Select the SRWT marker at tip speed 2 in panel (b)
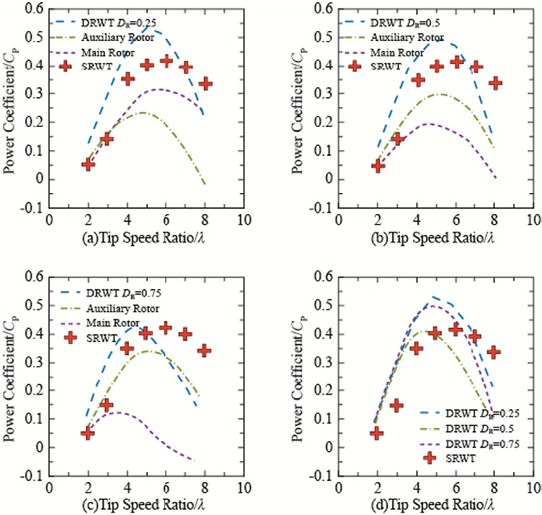tap(378, 166)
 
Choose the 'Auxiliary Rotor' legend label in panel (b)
tap(399, 39)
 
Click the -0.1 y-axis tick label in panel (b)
tap(321, 208)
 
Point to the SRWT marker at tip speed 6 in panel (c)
tap(165, 328)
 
